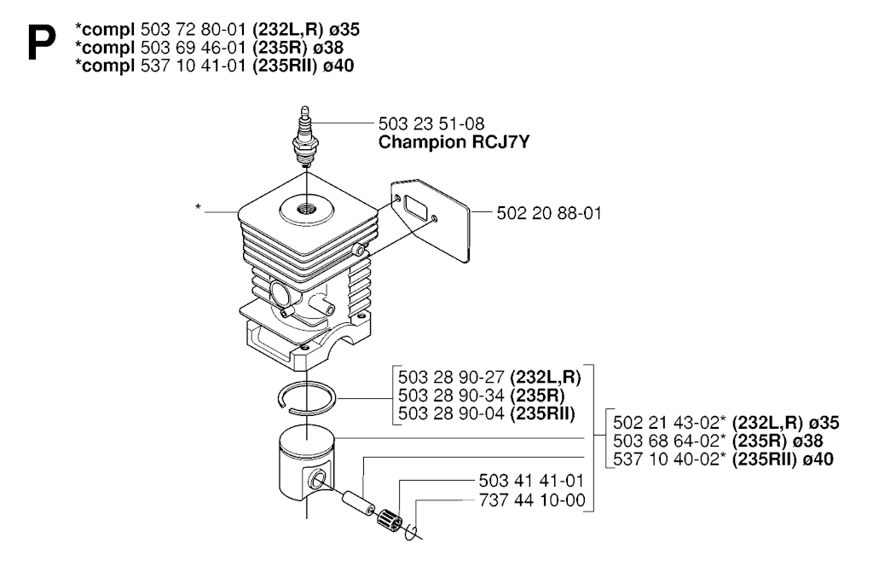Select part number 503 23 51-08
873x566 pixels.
pyautogui.click(x=431, y=124)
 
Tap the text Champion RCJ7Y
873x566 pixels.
pyautogui.click(x=454, y=141)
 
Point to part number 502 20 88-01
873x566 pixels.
pyautogui.click(x=549, y=213)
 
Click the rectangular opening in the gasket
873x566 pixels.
pyautogui.click(x=414, y=209)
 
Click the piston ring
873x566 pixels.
pyautogui.click(x=307, y=398)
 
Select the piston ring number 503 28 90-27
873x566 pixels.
pyautogui.click(x=451, y=378)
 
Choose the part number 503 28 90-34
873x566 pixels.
pyautogui.click(x=451, y=396)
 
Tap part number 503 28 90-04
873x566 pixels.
pyautogui.click(x=451, y=413)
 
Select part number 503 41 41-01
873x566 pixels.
pyautogui.click(x=531, y=481)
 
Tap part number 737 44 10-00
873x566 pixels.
pyautogui.click(x=532, y=500)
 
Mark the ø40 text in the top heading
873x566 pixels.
pyautogui.click(x=338, y=66)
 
